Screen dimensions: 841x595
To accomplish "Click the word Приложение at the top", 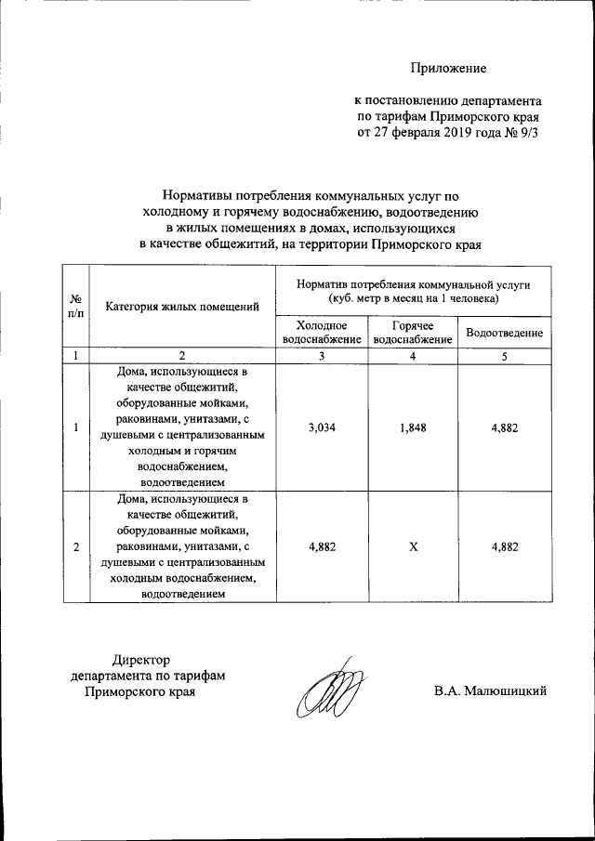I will pos(450,68).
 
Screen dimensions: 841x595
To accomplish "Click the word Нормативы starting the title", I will pos(198,197).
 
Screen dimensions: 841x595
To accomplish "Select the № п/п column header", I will pos(75,306).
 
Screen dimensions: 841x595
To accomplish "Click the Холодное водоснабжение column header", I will pos(321,333).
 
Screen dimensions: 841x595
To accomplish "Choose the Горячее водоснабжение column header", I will pos(414,333).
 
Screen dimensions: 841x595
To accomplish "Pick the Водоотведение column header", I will pos(504,333).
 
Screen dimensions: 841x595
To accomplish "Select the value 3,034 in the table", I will pos(321,427).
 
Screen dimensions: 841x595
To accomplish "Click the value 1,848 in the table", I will pos(414,427).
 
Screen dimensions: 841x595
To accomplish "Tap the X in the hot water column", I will pos(414,546).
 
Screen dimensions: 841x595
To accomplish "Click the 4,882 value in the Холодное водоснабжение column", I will pos(321,546).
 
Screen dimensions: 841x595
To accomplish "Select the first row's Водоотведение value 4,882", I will pos(504,427).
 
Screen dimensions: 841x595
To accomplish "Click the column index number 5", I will pos(504,356).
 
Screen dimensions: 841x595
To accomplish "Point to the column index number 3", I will pos(321,356).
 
